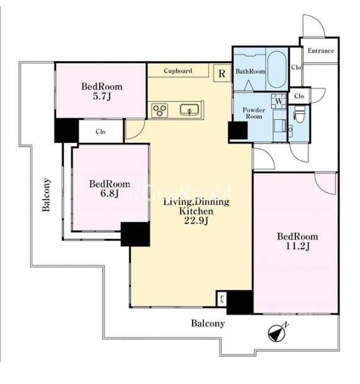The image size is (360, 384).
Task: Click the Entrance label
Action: [320, 51]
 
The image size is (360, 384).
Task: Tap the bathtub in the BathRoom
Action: [277, 69]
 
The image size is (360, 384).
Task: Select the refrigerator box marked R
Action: [222, 73]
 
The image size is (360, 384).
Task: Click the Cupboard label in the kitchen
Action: [178, 71]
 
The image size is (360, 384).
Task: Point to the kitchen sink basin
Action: [189, 110]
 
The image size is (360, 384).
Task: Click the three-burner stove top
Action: [160, 110]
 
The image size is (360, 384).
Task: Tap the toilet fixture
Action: [299, 114]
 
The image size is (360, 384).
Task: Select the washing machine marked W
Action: [279, 101]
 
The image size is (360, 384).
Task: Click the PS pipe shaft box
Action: [222, 298]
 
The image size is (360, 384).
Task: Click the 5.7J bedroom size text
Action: [102, 96]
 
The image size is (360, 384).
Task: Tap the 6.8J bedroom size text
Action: [110, 194]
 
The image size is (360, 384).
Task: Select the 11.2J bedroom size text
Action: [298, 246]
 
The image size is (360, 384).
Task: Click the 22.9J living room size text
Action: [196, 221]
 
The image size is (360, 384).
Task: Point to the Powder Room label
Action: [254, 113]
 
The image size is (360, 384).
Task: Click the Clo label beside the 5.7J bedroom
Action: [101, 132]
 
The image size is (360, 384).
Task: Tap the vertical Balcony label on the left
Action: [47, 195]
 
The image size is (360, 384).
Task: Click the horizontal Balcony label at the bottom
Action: [208, 324]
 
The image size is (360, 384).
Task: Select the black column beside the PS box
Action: [240, 302]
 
